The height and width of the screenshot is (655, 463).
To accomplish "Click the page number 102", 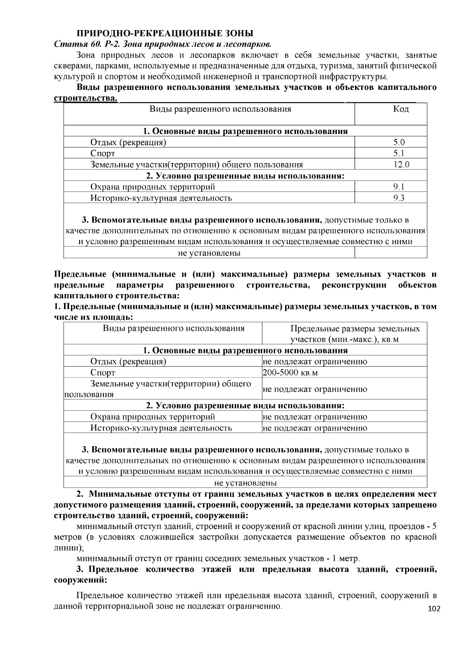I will pos(434,609).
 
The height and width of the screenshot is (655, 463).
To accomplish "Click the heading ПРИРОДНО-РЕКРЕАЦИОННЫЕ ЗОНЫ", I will pos(164,33).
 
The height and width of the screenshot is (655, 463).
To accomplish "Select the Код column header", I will pos(401,109).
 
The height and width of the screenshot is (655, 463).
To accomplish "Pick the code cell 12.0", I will pos(401,165).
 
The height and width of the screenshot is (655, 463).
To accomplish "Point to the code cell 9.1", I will pos(399,187).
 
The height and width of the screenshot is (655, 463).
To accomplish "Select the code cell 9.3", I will pos(399,198).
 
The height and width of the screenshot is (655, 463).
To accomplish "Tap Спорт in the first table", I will pos(103,154).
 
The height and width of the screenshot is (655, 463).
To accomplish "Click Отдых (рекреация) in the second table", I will pos(128,361).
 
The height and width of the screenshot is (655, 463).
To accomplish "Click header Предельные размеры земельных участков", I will pos(355,334).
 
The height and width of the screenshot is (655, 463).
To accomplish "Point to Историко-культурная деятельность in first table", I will pos(161,198).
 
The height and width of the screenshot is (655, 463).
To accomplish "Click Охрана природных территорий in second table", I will pos(153,417).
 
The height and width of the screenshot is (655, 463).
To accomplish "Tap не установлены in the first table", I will pos(209,253).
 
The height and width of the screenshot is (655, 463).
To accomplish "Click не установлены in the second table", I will pos(245,483).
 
